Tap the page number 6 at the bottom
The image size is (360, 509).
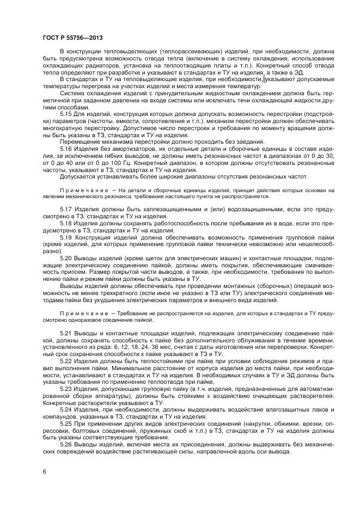click(44, 471)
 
